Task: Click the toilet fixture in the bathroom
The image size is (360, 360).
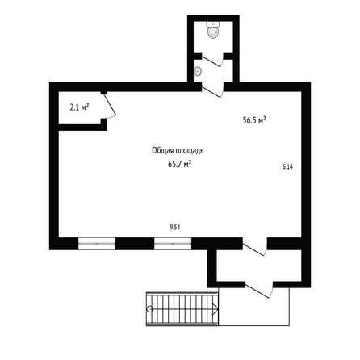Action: pyautogui.click(x=213, y=30)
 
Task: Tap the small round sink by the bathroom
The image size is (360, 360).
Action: pyautogui.click(x=198, y=71)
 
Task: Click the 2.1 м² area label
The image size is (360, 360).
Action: pyautogui.click(x=79, y=107)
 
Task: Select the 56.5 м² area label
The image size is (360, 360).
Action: pyautogui.click(x=254, y=119)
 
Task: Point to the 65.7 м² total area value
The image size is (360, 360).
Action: pyautogui.click(x=179, y=164)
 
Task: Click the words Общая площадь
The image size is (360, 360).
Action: pyautogui.click(x=178, y=151)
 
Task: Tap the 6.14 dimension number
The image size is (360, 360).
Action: pyautogui.click(x=287, y=167)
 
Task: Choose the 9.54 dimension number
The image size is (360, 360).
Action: pyautogui.click(x=175, y=228)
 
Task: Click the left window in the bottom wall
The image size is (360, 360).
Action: pyautogui.click(x=97, y=244)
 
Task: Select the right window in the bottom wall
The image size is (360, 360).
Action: pyautogui.click(x=173, y=244)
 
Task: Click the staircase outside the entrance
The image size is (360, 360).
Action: pyautogui.click(x=182, y=309)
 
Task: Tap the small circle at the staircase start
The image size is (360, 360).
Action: pyautogui.click(x=150, y=309)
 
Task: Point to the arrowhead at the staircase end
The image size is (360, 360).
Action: pyautogui.click(x=216, y=309)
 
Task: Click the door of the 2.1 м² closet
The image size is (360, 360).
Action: pyautogui.click(x=110, y=106)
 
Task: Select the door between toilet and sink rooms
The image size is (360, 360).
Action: pyautogui.click(x=212, y=60)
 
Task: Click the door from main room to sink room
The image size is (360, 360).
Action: pyautogui.click(x=212, y=90)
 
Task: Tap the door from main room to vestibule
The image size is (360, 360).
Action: pyautogui.click(x=255, y=248)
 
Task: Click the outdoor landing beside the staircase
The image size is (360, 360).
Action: pyautogui.click(x=254, y=307)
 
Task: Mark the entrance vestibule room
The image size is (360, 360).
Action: pyautogui.click(x=259, y=266)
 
